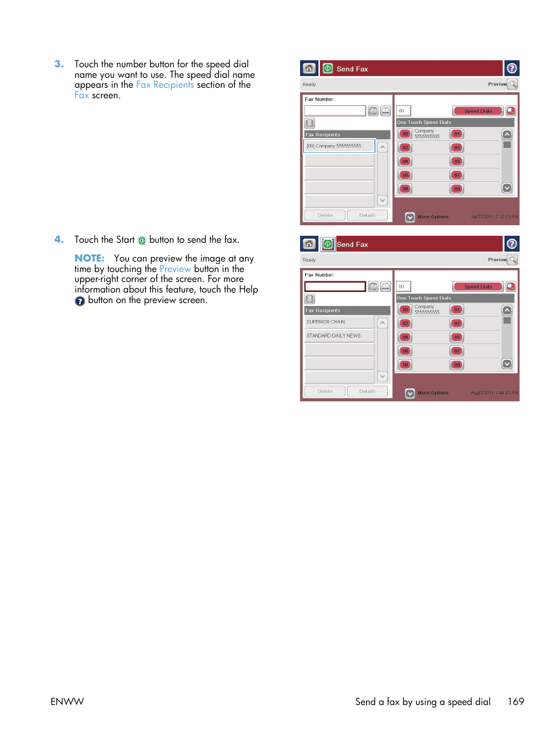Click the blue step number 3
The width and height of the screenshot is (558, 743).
(58, 64)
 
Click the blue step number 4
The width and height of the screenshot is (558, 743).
(58, 240)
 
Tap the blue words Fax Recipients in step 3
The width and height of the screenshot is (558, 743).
(164, 85)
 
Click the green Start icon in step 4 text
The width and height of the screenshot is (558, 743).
(142, 240)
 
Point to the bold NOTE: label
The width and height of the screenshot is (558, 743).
(89, 259)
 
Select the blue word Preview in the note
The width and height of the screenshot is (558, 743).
(175, 269)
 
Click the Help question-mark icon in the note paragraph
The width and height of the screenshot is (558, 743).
(80, 301)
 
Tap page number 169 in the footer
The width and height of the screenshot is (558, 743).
(515, 701)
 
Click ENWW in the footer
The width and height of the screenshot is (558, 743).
(67, 701)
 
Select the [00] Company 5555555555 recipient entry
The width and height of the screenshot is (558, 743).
(339, 146)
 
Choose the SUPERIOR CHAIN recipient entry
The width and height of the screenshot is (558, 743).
(339, 322)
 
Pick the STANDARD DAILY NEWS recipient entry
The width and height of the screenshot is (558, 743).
(339, 336)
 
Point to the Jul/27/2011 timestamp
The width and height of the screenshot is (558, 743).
(494, 217)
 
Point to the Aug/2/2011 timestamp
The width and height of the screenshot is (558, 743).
(494, 393)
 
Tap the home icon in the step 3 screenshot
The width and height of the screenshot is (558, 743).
(309, 68)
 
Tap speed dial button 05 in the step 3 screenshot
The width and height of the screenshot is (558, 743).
(457, 161)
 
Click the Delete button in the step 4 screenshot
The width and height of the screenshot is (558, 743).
(325, 391)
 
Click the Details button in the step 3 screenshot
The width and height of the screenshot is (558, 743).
(367, 215)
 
